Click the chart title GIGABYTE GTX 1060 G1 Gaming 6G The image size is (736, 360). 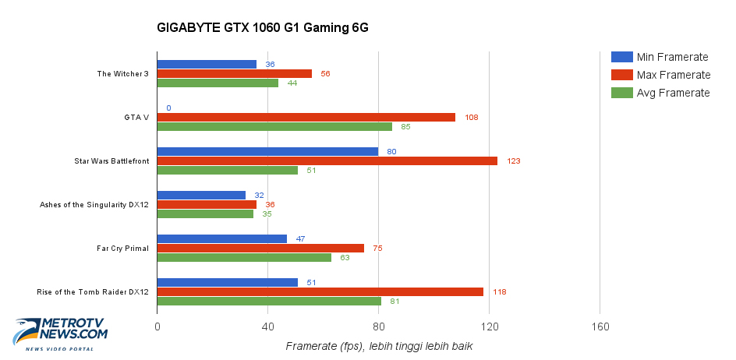[x=262, y=28]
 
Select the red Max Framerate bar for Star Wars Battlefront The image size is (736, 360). [x=327, y=161]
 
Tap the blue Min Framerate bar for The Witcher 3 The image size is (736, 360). [x=207, y=64]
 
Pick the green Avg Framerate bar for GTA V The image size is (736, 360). [x=274, y=126]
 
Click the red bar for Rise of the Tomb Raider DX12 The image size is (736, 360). [x=320, y=291]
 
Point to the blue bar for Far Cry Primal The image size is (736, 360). [x=221, y=238]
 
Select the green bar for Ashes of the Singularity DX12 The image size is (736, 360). [x=205, y=214]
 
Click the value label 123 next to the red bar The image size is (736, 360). [x=512, y=161]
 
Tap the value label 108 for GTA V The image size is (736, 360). [x=470, y=118]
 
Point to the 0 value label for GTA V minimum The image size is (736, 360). [x=168, y=108]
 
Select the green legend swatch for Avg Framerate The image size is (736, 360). [x=621, y=93]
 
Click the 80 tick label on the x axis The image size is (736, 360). [x=378, y=327]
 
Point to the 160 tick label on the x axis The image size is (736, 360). [x=600, y=327]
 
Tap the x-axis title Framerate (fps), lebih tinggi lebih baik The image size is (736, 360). [x=379, y=346]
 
